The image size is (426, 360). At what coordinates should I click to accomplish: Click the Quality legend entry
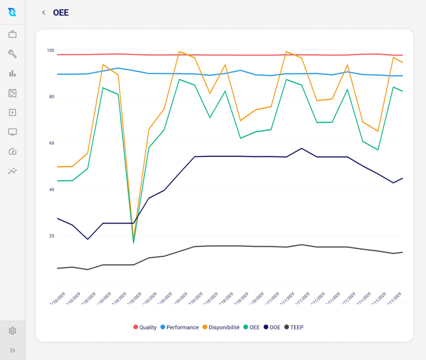pos(145,327)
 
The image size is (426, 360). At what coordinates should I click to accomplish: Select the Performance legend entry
pos(179,327)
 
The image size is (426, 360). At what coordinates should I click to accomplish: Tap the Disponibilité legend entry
pos(221,327)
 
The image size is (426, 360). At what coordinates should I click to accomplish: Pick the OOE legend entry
pos(272,327)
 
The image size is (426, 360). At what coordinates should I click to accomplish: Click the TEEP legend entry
pos(293,327)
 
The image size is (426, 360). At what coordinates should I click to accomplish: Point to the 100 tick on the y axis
pos(51,51)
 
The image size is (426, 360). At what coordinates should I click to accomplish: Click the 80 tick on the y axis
pos(51,97)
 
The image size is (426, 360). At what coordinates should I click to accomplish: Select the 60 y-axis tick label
pos(51,143)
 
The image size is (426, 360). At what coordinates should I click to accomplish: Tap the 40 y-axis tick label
pos(51,189)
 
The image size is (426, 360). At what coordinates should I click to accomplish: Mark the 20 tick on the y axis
pos(51,236)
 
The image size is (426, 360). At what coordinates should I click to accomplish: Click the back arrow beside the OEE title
pos(44,13)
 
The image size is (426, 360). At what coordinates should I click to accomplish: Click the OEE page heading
pos(61,13)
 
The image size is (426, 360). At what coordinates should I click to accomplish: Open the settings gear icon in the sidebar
pos(12,331)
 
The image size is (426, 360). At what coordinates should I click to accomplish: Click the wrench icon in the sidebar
pos(12,54)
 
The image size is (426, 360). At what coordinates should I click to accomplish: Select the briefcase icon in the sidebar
pos(12,35)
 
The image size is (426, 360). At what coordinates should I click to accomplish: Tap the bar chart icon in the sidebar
pos(12,73)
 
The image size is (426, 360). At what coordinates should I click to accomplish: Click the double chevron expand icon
pos(12,351)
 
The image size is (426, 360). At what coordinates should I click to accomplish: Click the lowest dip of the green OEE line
pos(133,243)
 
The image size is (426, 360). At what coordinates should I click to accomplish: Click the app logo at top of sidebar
pos(12,12)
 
